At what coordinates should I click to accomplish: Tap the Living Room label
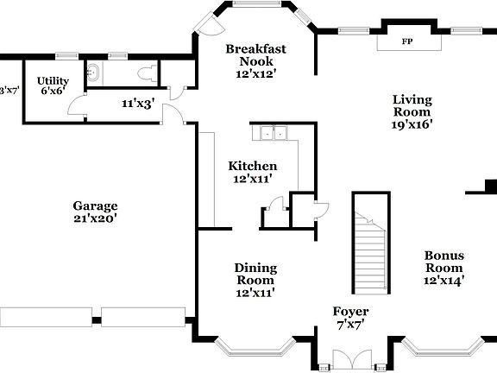(x=412, y=105)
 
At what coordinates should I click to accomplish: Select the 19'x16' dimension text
(x=412, y=123)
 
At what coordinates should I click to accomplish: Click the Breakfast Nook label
(x=255, y=55)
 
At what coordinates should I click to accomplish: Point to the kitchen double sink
(x=274, y=133)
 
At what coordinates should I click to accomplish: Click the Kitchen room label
(x=252, y=166)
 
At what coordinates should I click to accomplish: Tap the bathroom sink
(x=97, y=73)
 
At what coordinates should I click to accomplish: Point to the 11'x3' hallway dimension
(x=137, y=104)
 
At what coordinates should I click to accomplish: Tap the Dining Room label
(x=255, y=274)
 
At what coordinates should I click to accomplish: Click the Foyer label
(x=351, y=311)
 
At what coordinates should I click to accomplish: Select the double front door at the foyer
(x=351, y=357)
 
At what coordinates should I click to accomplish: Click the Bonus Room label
(x=444, y=262)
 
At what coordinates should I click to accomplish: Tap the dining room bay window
(x=255, y=349)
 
